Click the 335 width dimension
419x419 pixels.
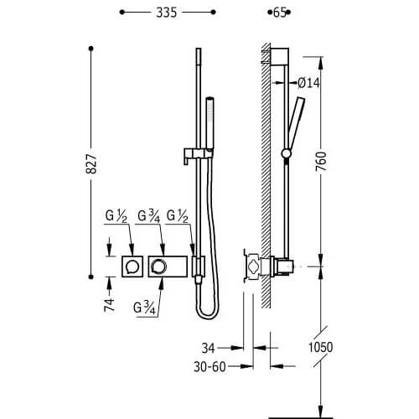pyautogui.click(x=167, y=13)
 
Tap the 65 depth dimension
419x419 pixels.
pyautogui.click(x=279, y=13)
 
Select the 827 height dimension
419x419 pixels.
pyautogui.click(x=91, y=163)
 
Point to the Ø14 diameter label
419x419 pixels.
pyautogui.click(x=308, y=83)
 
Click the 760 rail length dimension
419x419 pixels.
pyautogui.click(x=321, y=162)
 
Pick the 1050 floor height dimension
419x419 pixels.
pyautogui.click(x=321, y=347)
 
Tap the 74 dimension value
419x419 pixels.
pyautogui.click(x=110, y=305)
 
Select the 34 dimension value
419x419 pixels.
pyautogui.click(x=209, y=349)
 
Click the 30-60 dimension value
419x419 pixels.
pyautogui.click(x=209, y=367)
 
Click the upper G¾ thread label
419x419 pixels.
pyautogui.click(x=149, y=216)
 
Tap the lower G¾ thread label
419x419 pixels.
pyautogui.click(x=144, y=308)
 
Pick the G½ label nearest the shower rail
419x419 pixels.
pyautogui.click(x=178, y=216)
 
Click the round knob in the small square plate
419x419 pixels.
pyautogui.click(x=132, y=266)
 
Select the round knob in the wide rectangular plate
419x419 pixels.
pyautogui.click(x=158, y=266)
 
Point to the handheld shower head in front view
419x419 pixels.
pyautogui.click(x=209, y=122)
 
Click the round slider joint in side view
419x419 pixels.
pyautogui.click(x=287, y=153)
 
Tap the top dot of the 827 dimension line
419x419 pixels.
pyautogui.click(x=91, y=49)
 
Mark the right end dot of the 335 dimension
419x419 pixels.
pyautogui.click(x=214, y=13)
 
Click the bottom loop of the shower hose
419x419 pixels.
pyautogui.click(x=208, y=315)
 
